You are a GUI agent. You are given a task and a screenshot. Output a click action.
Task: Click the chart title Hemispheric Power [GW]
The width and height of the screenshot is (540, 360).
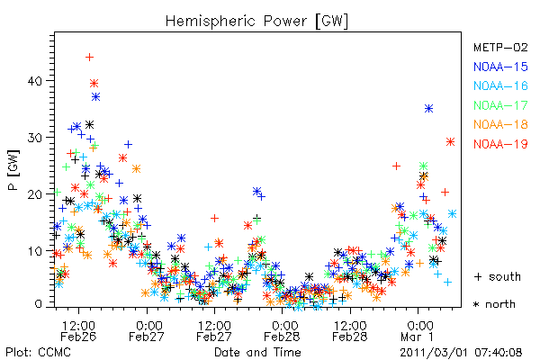[256, 21]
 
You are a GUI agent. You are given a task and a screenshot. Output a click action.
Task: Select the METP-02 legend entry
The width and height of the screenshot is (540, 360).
[500, 47]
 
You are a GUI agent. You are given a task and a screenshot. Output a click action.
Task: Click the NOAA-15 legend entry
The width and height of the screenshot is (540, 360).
[500, 67]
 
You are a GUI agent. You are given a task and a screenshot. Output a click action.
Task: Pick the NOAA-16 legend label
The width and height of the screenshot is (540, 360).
[500, 85]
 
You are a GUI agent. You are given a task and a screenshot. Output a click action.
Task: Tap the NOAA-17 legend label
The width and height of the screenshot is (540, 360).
[500, 105]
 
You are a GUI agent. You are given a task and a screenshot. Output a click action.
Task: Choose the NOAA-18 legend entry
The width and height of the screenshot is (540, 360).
[500, 124]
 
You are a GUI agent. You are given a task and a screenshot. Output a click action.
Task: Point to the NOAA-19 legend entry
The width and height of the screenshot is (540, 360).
[500, 144]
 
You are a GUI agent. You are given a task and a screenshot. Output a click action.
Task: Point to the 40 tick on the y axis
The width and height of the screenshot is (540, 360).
[35, 81]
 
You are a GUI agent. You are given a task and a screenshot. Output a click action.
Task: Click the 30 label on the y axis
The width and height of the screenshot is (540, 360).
[35, 138]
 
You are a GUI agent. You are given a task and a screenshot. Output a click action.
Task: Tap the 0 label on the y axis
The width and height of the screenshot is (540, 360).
[38, 304]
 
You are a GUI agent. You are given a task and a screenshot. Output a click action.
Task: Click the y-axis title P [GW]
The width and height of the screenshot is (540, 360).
[13, 170]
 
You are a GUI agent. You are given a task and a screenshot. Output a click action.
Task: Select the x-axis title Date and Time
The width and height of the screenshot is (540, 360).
[257, 352]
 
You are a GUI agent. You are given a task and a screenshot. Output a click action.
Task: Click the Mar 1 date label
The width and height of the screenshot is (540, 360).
[417, 337]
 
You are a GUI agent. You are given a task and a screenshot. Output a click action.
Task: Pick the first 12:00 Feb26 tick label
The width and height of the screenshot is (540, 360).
[78, 331]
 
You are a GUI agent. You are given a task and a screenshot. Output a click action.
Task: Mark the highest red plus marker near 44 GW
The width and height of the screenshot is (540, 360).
[89, 58]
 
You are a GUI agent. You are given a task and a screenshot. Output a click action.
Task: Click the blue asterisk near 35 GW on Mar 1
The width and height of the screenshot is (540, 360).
[428, 109]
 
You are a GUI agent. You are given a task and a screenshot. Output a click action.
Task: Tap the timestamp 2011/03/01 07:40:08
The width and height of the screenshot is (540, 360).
[461, 353]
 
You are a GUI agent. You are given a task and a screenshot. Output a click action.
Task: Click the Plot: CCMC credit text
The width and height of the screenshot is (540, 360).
[38, 353]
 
